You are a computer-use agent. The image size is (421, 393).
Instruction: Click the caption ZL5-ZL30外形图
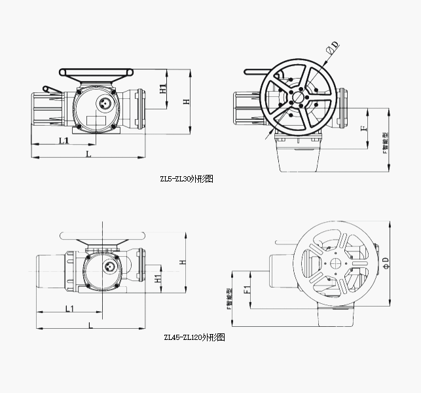(x=187, y=179)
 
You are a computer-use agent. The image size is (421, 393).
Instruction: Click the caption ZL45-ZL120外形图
(x=194, y=337)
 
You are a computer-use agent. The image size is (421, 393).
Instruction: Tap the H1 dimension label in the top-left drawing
(x=163, y=88)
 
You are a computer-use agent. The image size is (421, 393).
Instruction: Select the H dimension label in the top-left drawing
(x=186, y=102)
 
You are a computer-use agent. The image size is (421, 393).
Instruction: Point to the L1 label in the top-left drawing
(x=64, y=140)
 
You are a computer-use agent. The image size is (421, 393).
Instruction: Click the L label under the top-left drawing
(x=88, y=154)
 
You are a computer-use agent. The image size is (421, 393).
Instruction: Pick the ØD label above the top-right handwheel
(x=333, y=48)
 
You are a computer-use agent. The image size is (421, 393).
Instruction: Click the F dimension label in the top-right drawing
(x=364, y=128)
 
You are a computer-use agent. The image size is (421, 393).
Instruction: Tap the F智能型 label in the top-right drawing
(x=385, y=143)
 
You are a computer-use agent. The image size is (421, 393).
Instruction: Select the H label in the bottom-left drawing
(x=183, y=262)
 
